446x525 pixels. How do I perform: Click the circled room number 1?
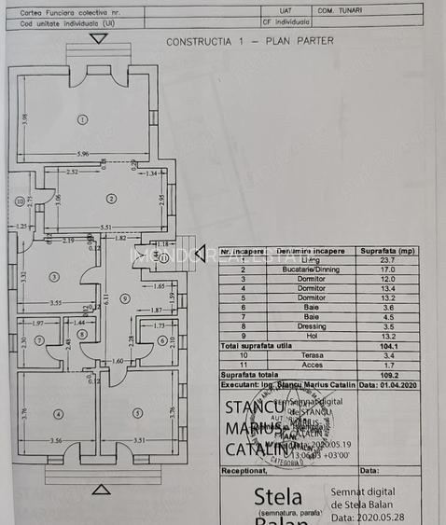pos(83,118)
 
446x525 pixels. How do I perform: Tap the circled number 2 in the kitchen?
pos(110,198)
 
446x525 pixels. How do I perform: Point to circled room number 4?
pos(58,413)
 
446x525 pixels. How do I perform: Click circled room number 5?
pos(138,413)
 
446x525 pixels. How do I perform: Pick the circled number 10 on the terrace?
pos(20,200)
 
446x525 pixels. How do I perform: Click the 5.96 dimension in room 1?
pos(83,154)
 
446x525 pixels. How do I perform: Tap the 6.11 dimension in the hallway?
pos(107,299)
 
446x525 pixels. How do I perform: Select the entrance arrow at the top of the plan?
pos(99,38)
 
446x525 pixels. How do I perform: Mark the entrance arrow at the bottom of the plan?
pos(101,489)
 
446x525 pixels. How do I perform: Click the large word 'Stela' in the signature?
pos(277,496)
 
